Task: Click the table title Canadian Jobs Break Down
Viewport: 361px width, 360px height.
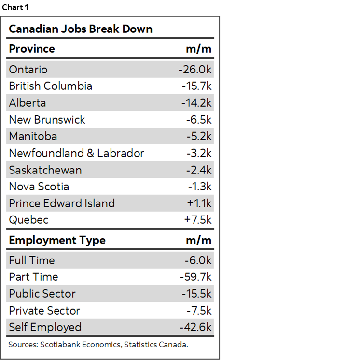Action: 80,29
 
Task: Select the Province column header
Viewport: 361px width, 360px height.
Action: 32,49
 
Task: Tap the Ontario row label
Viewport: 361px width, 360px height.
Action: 28,70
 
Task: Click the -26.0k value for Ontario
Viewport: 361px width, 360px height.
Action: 195,70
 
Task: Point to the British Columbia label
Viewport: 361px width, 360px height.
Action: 50,86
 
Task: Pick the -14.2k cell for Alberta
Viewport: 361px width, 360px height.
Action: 196,103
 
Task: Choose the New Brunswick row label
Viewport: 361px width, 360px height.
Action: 47,120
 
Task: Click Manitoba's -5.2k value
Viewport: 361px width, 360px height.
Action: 199,136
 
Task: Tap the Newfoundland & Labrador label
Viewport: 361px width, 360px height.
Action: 76,153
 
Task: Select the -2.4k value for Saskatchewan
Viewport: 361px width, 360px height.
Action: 199,170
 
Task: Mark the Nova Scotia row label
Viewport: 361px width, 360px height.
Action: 39,187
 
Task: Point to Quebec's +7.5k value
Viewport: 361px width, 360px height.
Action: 198,220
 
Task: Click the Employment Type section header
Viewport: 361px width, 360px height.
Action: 57,240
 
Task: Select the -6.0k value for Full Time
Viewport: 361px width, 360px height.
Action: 198,260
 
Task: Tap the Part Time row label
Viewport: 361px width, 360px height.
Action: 33,277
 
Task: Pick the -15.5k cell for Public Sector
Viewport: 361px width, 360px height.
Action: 196,294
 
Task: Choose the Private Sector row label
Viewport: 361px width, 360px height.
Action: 44,311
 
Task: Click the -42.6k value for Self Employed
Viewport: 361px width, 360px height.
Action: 195,327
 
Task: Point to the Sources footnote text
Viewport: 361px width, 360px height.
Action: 98,345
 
